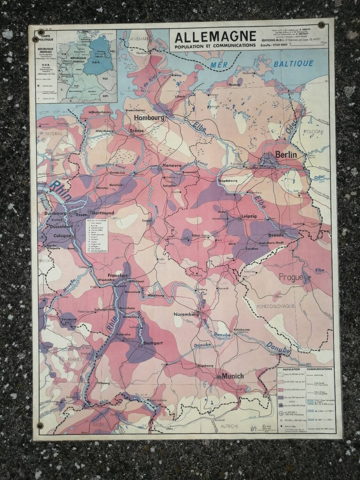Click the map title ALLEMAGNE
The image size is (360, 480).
[215, 36]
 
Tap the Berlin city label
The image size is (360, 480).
[284, 155]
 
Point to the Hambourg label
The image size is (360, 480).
[149, 117]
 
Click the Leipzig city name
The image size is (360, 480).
[250, 216]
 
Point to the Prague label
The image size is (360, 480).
[291, 277]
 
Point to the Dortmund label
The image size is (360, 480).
[103, 213]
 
